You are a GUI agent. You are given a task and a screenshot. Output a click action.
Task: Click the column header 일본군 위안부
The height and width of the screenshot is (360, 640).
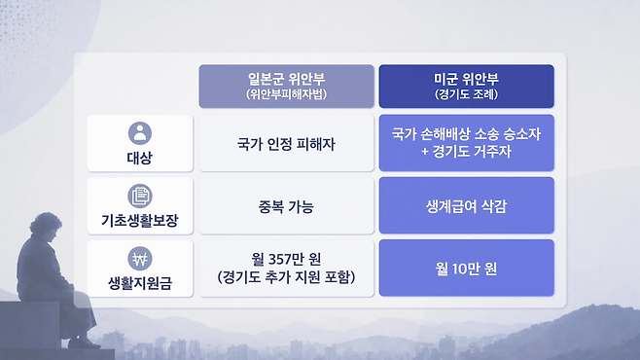286,79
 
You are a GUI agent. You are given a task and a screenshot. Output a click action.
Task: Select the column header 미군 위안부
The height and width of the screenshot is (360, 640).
466,79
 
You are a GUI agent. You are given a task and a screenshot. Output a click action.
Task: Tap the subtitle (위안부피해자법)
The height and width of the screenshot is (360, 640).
286,94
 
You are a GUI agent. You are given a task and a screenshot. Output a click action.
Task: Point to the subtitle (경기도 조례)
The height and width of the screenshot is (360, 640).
466,94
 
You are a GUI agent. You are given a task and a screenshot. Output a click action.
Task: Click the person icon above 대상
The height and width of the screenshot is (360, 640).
140,133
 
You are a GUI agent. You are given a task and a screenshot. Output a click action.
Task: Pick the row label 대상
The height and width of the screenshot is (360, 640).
140,158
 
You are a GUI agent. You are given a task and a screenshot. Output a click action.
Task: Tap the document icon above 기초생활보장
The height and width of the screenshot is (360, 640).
140,196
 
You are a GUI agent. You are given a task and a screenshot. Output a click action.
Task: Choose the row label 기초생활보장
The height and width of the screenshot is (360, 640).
140,221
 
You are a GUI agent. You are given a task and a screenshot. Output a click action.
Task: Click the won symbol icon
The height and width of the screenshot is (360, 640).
140,259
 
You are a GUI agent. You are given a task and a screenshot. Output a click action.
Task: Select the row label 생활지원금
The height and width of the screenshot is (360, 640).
140,283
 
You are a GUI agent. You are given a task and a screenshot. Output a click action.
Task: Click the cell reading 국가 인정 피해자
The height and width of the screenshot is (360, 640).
286,144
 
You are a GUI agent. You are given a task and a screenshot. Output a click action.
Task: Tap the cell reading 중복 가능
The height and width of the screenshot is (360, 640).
286,206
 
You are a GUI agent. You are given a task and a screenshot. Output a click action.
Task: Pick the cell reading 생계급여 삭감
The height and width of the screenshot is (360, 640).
466,206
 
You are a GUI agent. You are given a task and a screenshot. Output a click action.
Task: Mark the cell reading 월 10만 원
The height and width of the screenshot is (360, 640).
466,269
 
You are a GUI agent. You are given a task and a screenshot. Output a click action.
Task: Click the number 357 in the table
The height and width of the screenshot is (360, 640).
283,259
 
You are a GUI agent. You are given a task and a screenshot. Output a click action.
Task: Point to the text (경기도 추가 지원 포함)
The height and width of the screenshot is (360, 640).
286,277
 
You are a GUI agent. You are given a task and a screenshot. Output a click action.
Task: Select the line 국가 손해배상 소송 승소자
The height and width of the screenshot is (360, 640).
466,134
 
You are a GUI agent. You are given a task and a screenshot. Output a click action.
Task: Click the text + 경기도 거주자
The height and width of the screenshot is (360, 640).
466,152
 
